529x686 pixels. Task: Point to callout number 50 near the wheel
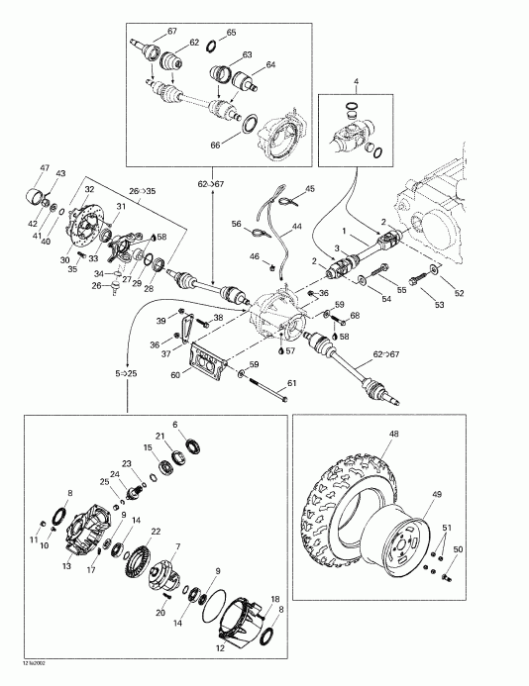click(458, 549)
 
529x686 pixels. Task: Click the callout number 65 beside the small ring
click(231, 33)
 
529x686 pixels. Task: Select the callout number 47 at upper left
click(44, 167)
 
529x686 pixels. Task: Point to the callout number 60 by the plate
click(176, 375)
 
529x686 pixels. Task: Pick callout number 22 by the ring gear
click(157, 532)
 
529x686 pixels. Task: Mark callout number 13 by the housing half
click(67, 567)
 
